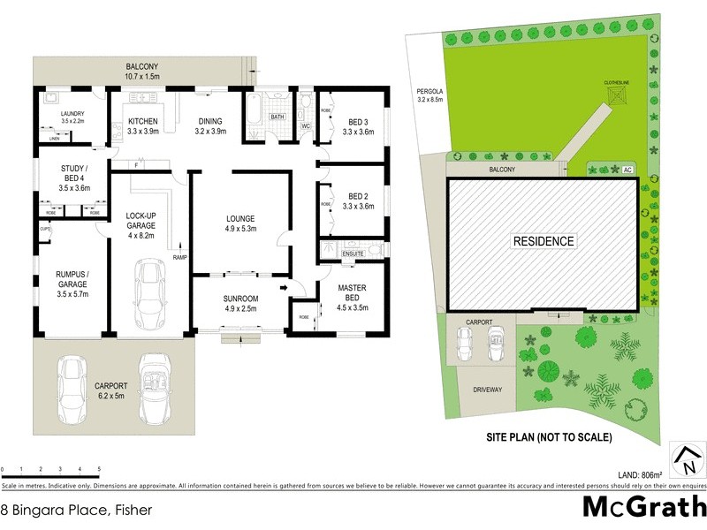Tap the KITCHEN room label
(x=142, y=121)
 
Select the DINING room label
(x=209, y=121)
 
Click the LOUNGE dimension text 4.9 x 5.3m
(x=239, y=229)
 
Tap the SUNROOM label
(x=239, y=298)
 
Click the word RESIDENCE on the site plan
(x=544, y=241)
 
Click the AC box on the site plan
(x=627, y=169)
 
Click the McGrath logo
(x=643, y=507)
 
